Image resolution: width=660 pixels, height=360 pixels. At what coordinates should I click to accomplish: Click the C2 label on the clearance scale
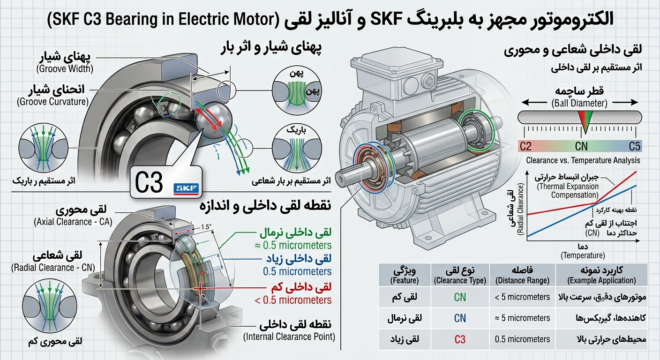[x=525, y=146]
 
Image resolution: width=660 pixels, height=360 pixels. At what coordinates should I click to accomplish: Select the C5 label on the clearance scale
[x=634, y=146]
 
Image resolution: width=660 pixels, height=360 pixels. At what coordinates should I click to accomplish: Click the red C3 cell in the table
[x=460, y=339]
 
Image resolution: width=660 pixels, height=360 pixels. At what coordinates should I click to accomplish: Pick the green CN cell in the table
[x=460, y=297]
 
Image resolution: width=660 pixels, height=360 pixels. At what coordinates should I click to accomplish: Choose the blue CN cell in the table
[x=460, y=318]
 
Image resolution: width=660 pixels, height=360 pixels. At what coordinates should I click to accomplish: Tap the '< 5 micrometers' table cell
[x=522, y=297]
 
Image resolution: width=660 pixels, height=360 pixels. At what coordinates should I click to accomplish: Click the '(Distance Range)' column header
[x=522, y=280]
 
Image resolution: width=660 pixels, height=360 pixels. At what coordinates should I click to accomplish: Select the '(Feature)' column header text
[x=404, y=280]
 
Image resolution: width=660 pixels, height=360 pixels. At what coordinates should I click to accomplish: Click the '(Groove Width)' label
[x=65, y=69]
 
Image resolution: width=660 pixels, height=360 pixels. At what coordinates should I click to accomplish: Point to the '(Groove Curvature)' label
[x=53, y=102]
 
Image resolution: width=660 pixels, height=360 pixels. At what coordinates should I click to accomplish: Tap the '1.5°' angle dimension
[x=206, y=227]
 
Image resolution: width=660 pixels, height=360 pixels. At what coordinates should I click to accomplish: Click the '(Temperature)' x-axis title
[x=583, y=255]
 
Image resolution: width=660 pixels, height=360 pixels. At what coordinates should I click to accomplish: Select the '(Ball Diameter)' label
[x=579, y=103]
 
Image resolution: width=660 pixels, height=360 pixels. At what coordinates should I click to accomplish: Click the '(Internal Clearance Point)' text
[x=289, y=337]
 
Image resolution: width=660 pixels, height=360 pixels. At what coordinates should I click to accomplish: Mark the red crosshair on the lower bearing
[x=200, y=289]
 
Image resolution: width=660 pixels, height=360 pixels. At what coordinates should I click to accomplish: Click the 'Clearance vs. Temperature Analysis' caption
[x=583, y=161]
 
